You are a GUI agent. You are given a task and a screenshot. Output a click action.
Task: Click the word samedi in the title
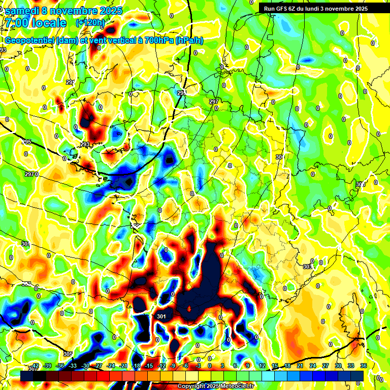pyautogui.click(x=21, y=11)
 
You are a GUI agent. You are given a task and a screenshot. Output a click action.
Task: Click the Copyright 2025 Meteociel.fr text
pyautogui.click(x=215, y=386)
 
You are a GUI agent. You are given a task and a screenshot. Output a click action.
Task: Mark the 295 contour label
pyautogui.click(x=27, y=142)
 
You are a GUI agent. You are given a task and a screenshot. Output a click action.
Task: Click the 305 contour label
pyautogui.click(x=68, y=354)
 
